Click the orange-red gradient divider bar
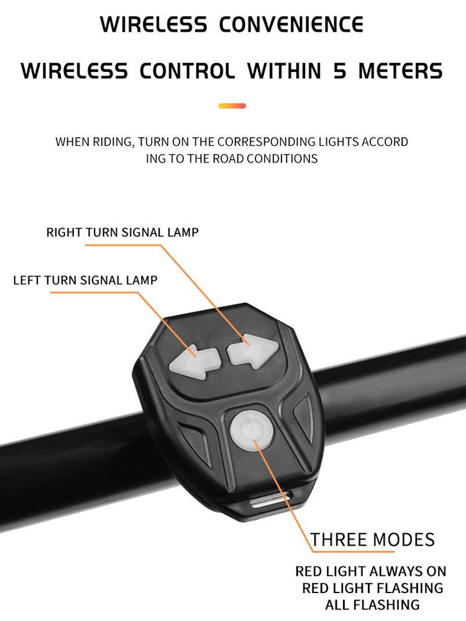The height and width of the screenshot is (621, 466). tap(232, 106)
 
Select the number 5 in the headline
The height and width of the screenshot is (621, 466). tap(340, 71)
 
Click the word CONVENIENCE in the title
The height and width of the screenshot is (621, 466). tap(291, 25)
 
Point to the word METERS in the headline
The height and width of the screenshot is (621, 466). tap(400, 71)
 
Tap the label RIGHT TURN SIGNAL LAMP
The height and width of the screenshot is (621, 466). tap(122, 232)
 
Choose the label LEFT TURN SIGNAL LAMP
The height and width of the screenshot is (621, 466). tap(85, 280)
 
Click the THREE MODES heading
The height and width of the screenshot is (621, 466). tap(372, 540)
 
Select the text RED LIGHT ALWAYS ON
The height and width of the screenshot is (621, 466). tap(371, 571)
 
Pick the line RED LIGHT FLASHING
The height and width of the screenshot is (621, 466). tap(372, 588)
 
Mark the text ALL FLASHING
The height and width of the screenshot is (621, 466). tap(372, 605)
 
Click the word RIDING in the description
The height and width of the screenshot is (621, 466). tap(113, 142)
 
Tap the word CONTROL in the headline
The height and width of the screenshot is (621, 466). tap(187, 71)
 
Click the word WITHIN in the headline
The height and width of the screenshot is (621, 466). tap(284, 71)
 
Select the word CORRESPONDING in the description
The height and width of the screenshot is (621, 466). tap(267, 142)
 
